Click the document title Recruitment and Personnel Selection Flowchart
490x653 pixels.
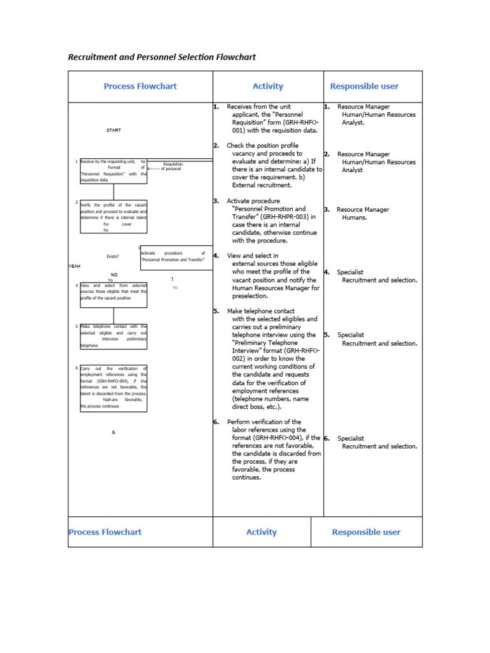[161, 57]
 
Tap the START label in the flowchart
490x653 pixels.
[114, 130]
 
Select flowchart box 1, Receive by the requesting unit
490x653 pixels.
[114, 170]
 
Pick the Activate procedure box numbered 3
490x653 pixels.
[176, 257]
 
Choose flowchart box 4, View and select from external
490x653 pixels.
[114, 295]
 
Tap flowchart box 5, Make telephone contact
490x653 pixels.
[114, 336]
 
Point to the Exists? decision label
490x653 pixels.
[113, 256]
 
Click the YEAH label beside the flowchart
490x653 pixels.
[75, 265]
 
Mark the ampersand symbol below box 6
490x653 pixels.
[114, 432]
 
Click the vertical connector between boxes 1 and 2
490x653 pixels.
[114, 191]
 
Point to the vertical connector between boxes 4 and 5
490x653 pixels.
[114, 316]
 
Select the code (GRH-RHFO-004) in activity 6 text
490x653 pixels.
[281, 438]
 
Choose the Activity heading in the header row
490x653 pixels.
[267, 86]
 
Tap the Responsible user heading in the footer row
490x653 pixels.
[366, 532]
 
